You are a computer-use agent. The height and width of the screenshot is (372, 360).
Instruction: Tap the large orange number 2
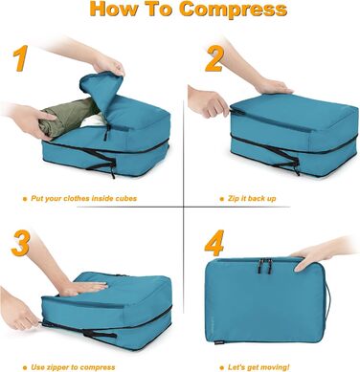click(214, 60)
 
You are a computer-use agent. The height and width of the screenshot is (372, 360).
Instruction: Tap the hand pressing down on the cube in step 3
click(81, 286)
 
